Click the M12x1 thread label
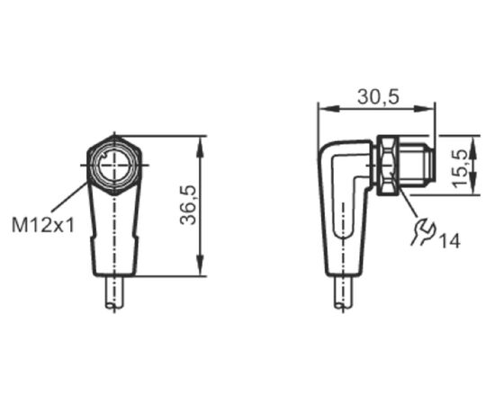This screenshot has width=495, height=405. click(x=42, y=225)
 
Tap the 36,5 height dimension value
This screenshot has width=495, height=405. click(x=188, y=205)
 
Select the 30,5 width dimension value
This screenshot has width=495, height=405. click(x=378, y=97)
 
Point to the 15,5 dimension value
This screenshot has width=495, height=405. click(x=460, y=168)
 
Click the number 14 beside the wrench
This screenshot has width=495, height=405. click(x=449, y=241)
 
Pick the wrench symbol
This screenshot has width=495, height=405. click(x=423, y=232)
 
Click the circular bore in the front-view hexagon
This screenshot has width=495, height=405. click(x=113, y=165)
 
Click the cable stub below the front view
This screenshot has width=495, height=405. click(x=114, y=292)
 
